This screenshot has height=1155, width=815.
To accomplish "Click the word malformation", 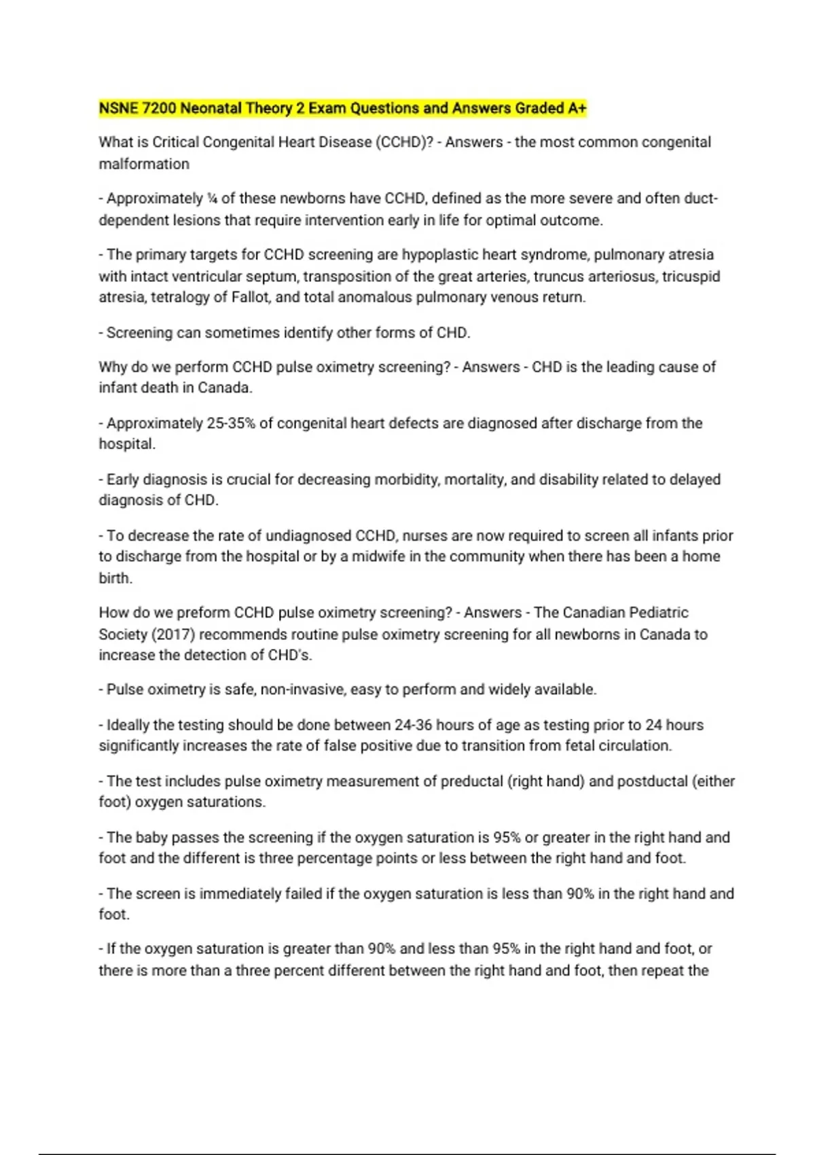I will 144,164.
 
